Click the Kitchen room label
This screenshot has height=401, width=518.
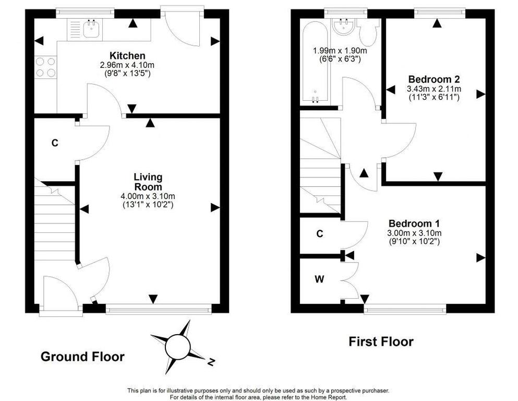(127, 55)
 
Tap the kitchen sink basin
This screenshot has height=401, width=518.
(90, 29)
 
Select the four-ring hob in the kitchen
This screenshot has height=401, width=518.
(45, 67)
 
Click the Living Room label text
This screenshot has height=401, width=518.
(148, 182)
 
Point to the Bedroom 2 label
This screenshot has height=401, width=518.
(434, 79)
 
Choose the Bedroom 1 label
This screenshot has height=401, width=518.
(414, 223)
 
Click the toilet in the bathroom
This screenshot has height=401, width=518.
(368, 32)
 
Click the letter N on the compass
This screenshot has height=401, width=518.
(211, 362)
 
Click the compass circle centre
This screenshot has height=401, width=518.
(177, 347)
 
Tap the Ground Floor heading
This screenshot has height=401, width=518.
(82, 357)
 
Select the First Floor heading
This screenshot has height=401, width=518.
(381, 341)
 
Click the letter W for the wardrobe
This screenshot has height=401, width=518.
(319, 280)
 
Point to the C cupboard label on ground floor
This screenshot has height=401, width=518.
(55, 143)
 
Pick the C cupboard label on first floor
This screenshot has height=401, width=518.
(319, 234)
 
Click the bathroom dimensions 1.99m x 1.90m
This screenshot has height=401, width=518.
(340, 51)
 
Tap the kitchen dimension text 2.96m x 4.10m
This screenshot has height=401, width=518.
(127, 65)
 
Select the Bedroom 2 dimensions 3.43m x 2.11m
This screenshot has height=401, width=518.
(434, 89)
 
